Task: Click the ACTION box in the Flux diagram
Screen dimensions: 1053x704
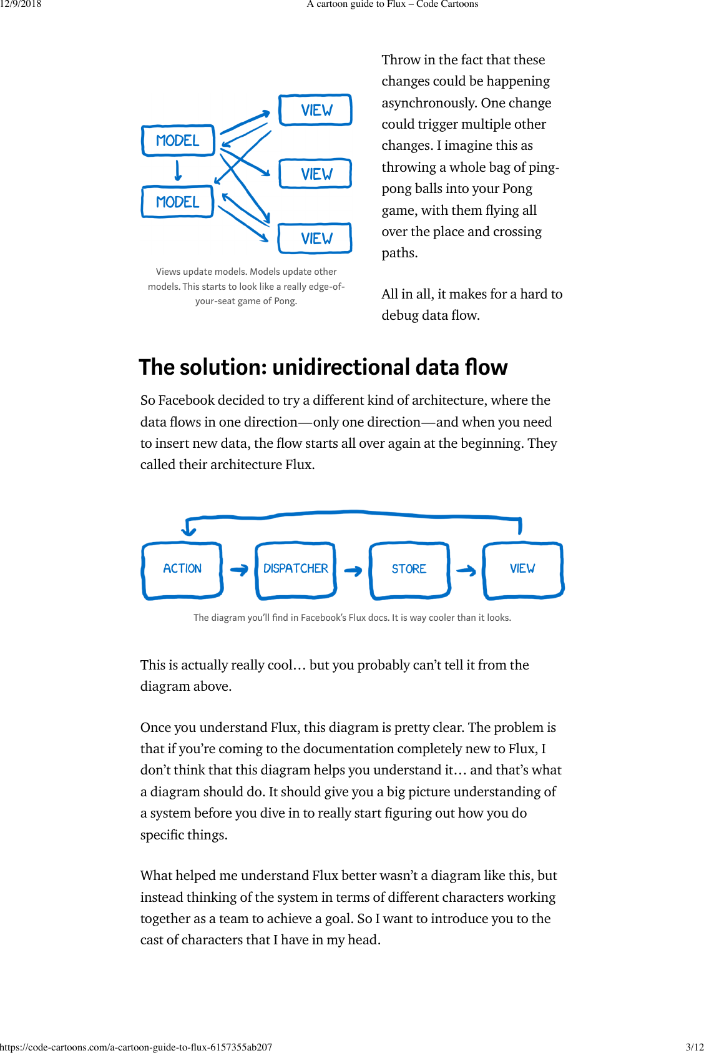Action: pos(182,570)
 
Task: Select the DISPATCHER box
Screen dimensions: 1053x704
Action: pos(296,570)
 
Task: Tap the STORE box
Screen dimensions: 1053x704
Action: pos(409,570)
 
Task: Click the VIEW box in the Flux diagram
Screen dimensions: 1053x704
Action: pos(523,570)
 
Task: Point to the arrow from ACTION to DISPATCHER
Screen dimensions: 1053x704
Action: pos(239,570)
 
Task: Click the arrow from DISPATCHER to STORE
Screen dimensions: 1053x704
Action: pos(353,571)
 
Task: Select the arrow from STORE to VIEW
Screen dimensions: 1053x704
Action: pos(466,570)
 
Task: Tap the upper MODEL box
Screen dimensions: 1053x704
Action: pos(178,141)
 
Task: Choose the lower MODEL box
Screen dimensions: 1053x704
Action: pos(178,202)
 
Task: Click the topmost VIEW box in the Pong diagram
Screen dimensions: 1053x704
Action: pos(316,111)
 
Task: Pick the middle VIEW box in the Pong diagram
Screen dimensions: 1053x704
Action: pos(316,174)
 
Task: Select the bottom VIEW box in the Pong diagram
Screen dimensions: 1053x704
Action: pos(316,239)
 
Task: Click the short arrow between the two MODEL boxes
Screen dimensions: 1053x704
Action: pos(178,171)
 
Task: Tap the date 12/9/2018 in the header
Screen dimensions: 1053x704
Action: pos(21,4)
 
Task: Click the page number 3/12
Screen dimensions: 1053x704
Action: pos(694,1047)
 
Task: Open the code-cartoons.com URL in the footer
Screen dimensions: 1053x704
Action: pos(136,1047)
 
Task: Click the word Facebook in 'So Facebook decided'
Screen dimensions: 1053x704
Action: pos(186,400)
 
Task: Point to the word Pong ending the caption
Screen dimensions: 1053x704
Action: pos(285,301)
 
